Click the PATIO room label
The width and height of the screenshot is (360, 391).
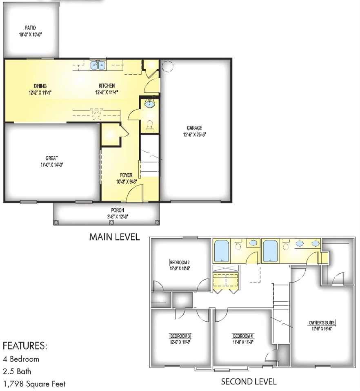coord(30,28)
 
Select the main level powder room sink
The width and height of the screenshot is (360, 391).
coord(150,104)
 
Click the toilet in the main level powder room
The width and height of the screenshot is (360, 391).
coord(150,124)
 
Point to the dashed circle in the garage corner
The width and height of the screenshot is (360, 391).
coord(167,66)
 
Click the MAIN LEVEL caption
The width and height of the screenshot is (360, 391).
coord(114,237)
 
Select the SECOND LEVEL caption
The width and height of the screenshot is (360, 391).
coord(249,382)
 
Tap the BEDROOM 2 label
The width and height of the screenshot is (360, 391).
coord(180,262)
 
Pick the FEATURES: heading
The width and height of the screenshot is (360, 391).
coord(25,347)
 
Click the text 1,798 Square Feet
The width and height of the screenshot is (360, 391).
coord(34,384)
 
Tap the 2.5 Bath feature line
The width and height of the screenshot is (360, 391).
coord(17,371)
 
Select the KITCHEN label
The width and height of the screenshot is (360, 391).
coord(107,86)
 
